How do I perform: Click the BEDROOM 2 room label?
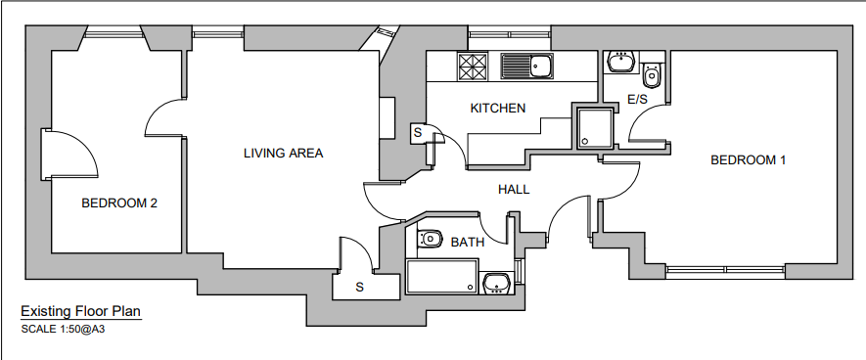pos(119,203)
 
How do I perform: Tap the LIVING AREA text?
pos(283,153)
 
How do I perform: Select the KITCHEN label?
pos(498,108)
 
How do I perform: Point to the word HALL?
pos(514,189)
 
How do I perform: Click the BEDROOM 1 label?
pos(748,159)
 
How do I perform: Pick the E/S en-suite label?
pos(637,100)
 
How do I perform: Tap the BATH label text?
pos(467,242)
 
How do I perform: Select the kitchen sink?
pos(528,67)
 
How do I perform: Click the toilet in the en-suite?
pos(653,74)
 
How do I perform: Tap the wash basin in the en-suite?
pos(619,63)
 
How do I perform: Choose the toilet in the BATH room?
pos(429,238)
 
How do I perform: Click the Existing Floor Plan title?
pos(81,311)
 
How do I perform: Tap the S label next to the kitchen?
pos(417,131)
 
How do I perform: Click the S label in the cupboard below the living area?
pos(359,287)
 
